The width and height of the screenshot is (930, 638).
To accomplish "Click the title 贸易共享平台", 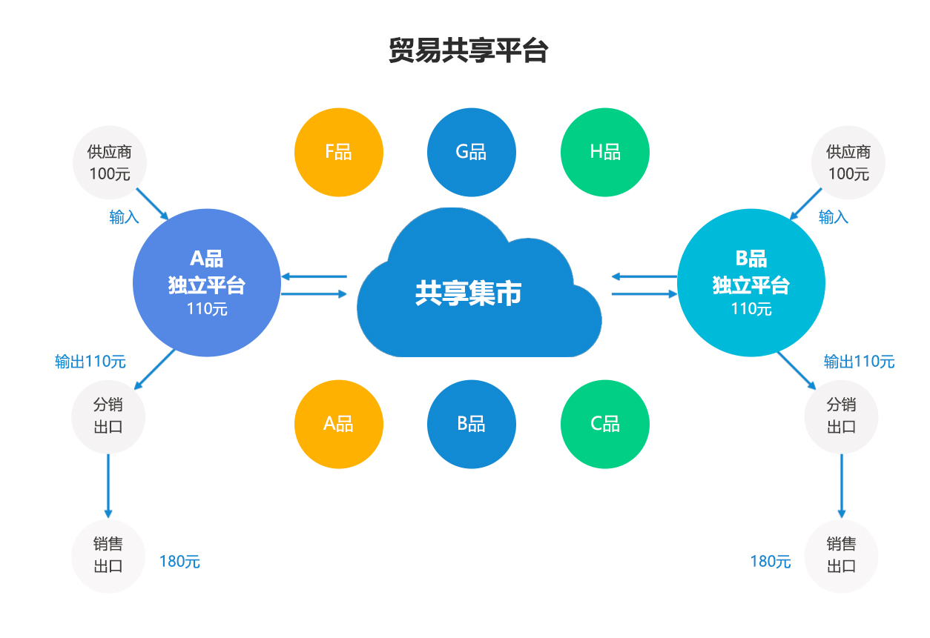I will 468,50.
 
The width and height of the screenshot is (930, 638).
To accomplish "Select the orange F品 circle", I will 339,152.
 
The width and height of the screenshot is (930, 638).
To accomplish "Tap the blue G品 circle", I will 471,152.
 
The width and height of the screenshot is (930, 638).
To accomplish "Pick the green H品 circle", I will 604,152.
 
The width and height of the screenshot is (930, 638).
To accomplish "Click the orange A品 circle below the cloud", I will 339,424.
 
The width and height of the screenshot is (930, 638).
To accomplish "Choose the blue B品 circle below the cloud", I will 471,424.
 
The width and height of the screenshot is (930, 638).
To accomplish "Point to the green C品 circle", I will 604,424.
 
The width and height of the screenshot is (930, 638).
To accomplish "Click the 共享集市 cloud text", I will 468,293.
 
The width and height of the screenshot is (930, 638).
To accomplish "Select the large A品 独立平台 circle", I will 207,282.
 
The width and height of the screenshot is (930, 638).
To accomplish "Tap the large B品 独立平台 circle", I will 751,282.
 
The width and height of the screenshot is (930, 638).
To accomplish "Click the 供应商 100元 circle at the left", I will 110,163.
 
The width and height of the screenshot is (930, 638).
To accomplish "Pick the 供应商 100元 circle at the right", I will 848,163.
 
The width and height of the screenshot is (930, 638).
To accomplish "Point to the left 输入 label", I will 125,217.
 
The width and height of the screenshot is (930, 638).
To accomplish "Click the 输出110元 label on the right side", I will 859,362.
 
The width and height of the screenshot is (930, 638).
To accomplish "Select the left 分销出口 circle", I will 108,416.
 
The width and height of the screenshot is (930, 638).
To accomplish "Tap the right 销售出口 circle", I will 841,555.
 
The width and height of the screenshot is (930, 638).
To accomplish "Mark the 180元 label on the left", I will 179,562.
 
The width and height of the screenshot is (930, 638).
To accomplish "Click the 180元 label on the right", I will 771,562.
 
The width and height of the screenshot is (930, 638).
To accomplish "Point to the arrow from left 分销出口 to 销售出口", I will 108,485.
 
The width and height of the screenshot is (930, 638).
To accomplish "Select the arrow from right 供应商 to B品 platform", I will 806,204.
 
